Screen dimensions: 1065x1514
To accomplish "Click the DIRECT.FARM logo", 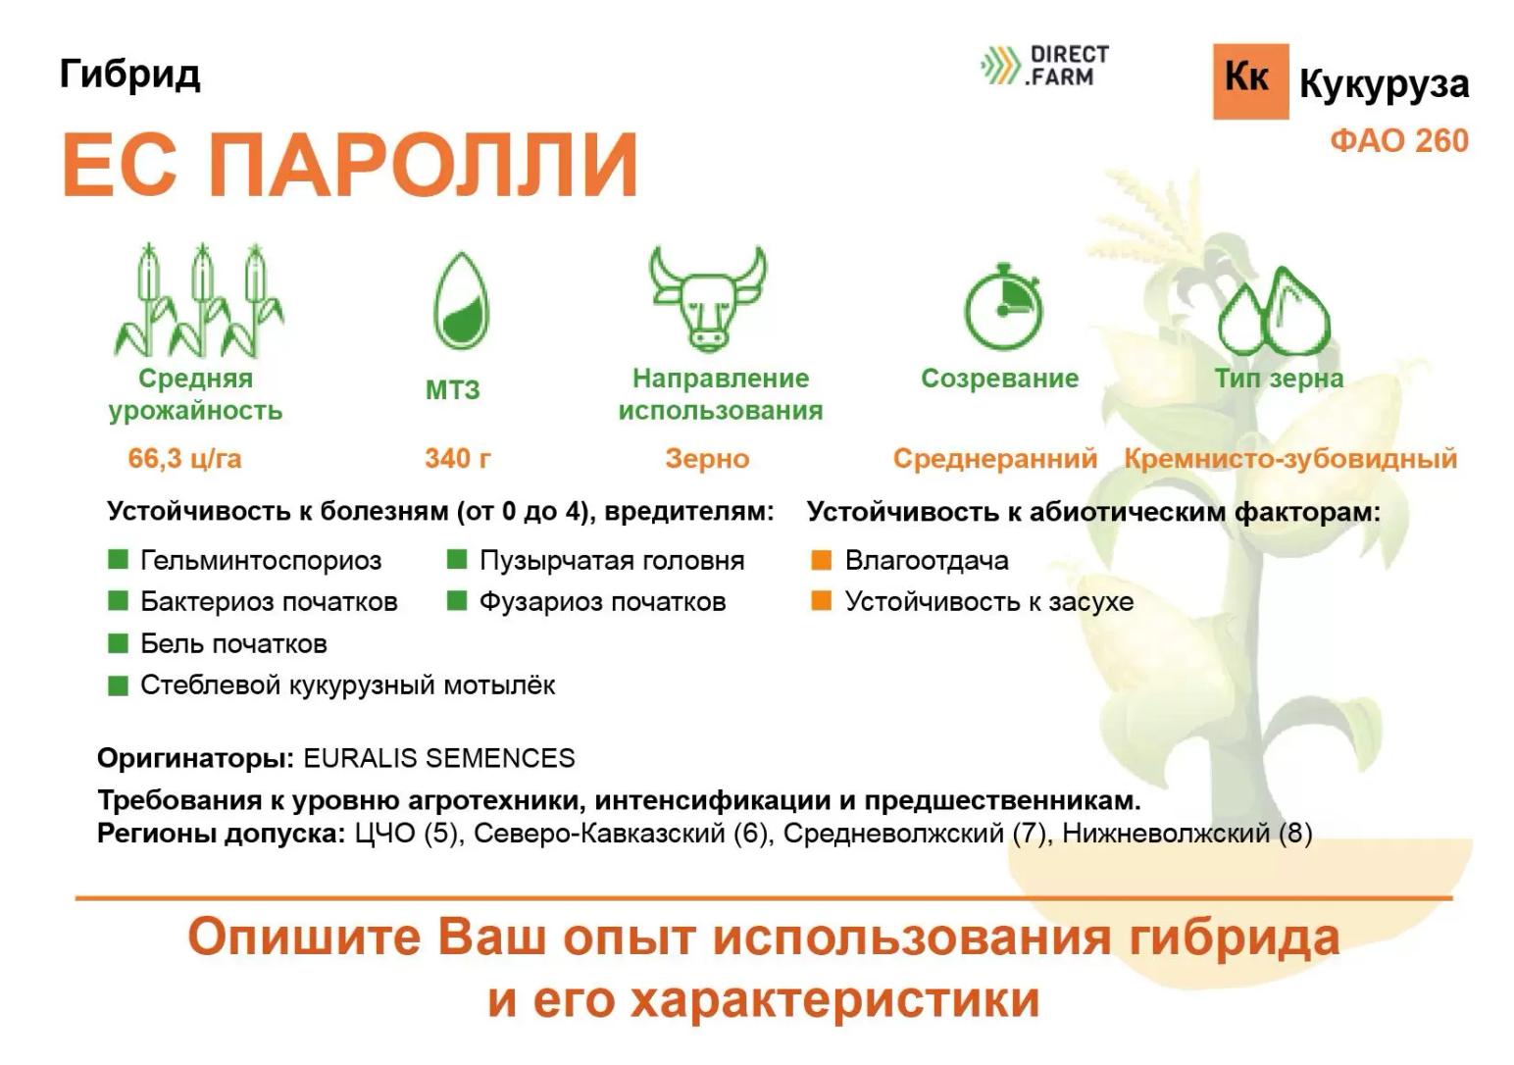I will click(x=1045, y=65).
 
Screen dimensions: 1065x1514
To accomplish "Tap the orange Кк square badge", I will click(x=1249, y=80).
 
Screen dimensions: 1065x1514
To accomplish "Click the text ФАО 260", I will click(x=1398, y=140).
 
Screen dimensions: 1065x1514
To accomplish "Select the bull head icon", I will click(x=707, y=297).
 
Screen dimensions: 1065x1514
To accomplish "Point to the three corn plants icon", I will click(x=200, y=301).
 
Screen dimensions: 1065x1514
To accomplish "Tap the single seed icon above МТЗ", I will click(x=461, y=302).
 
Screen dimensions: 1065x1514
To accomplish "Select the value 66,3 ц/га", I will click(x=184, y=458).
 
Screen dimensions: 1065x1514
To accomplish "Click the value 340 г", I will click(x=457, y=458).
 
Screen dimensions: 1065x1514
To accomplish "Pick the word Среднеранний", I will click(x=994, y=458).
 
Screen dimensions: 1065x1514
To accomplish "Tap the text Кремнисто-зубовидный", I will click(x=1290, y=458).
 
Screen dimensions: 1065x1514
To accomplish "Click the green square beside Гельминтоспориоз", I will click(x=118, y=560).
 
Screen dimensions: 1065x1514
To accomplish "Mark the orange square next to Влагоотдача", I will click(x=821, y=560).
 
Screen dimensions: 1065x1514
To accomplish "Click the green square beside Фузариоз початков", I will click(x=456, y=601).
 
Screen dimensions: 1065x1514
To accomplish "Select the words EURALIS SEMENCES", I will click(x=438, y=758).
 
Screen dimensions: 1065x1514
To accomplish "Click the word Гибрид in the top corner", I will click(x=129, y=74).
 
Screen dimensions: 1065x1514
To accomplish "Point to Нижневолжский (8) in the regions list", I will click(x=1186, y=834).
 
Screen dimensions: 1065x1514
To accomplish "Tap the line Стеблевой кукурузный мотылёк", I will click(x=347, y=685).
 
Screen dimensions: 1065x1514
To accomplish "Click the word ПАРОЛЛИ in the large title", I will click(x=424, y=164).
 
